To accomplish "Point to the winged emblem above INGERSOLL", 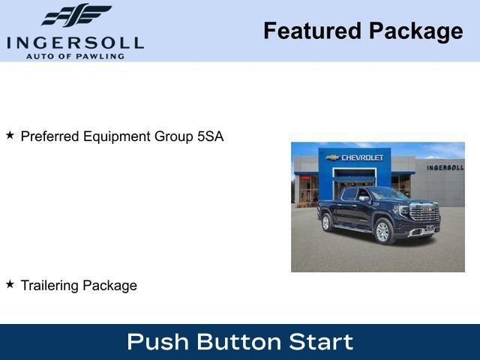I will click(76, 16).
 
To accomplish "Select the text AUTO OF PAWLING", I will click(75, 56).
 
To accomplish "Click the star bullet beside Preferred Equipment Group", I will click(10, 136).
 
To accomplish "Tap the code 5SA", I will click(209, 136).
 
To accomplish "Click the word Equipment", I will click(118, 136).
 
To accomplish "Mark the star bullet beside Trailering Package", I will click(10, 284).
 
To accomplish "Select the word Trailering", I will click(49, 286).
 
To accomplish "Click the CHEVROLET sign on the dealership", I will click(361, 157).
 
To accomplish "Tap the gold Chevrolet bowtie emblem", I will click(333, 157).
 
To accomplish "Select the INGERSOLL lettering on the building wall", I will click(445, 167).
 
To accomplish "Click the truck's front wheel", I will click(382, 232).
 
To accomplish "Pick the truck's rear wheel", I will click(326, 223).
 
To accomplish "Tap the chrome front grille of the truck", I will click(425, 213).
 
